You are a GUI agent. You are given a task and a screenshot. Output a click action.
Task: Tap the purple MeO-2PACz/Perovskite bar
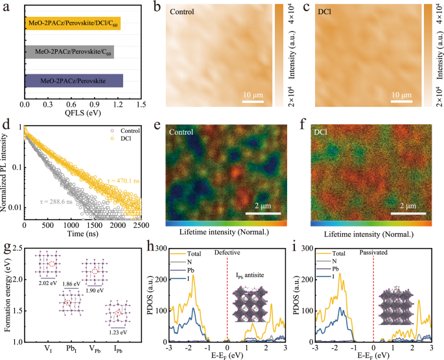pyautogui.click(x=73, y=81)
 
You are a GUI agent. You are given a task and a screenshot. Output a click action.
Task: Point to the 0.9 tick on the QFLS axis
pyautogui.click(x=95, y=103)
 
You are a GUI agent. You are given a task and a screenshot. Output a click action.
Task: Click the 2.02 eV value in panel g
pyautogui.click(x=48, y=283)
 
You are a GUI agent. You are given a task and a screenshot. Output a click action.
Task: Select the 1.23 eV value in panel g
pyautogui.click(x=117, y=332)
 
